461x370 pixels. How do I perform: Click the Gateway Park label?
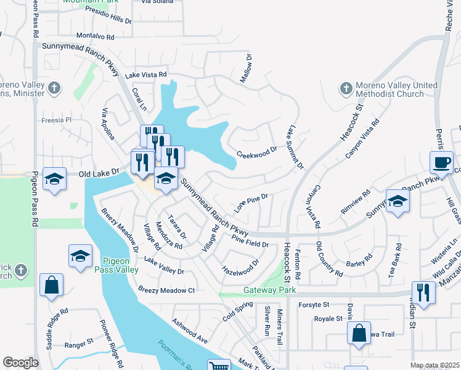click(x=270, y=290)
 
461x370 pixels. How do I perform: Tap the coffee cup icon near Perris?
click(x=441, y=163)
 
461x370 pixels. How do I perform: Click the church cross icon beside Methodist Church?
click(x=346, y=90)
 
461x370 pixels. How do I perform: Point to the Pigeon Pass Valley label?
click(x=120, y=265)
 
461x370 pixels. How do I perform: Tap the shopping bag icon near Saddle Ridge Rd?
click(x=51, y=286)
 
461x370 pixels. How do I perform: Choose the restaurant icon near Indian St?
click(x=423, y=292)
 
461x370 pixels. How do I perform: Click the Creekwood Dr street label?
click(x=258, y=152)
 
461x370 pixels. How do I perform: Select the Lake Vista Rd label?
click(x=146, y=75)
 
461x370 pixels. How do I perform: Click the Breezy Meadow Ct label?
click(x=166, y=290)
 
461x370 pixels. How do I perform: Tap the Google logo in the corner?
click(x=20, y=363)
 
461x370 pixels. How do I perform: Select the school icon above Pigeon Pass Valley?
click(x=80, y=257)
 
